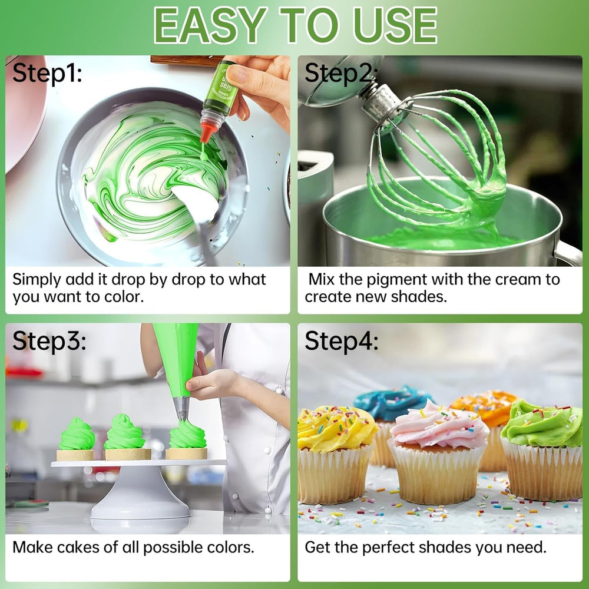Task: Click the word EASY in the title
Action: tap(209, 25)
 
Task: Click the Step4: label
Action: tap(341, 341)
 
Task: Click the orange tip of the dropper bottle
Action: tap(206, 132)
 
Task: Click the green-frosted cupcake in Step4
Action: tap(542, 448)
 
